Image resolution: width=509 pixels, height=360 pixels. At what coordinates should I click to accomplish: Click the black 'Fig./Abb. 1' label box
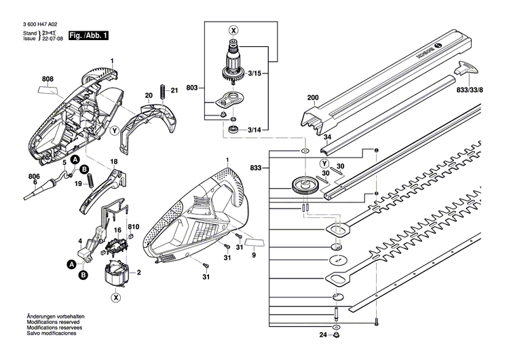pyautogui.click(x=88, y=35)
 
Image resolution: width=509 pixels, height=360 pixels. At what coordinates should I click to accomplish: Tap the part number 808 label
pyautogui.click(x=47, y=79)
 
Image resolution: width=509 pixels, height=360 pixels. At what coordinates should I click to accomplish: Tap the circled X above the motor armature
pyautogui.click(x=234, y=31)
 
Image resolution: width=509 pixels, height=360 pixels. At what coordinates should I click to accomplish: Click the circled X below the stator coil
pyautogui.click(x=116, y=297)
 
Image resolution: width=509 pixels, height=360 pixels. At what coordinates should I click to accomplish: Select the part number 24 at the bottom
pyautogui.click(x=324, y=335)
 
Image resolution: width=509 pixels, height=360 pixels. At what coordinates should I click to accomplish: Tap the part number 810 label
pyautogui.click(x=133, y=226)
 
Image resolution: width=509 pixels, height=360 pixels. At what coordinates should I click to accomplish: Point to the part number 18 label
pyautogui.click(x=114, y=161)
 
